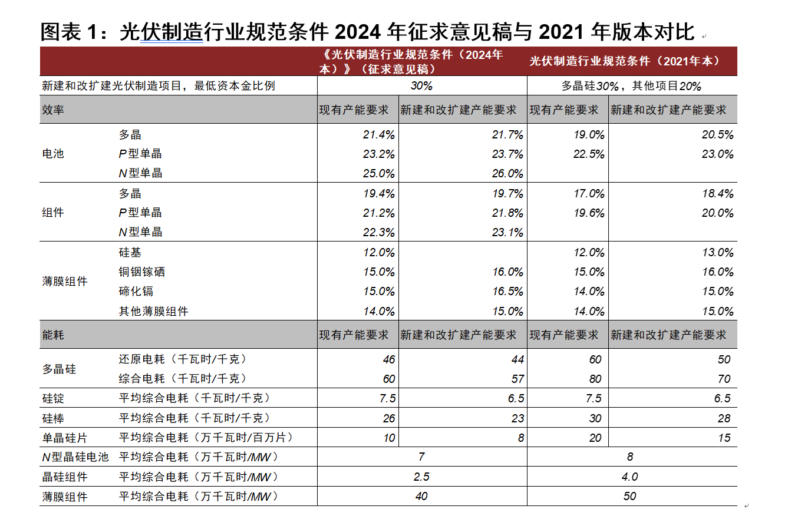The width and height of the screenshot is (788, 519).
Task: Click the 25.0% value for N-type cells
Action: [x=378, y=173]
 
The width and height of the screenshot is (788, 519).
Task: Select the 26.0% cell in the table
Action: [x=507, y=173]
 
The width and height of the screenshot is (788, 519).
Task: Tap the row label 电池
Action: [x=53, y=154]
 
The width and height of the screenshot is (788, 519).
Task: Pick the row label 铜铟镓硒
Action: [x=141, y=272]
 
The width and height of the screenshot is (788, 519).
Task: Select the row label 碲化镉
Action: [x=136, y=291]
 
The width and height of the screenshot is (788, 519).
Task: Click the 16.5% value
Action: [x=507, y=291]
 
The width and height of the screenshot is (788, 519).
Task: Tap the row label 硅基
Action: [x=130, y=252]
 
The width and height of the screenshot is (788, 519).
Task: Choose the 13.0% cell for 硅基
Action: [x=717, y=252]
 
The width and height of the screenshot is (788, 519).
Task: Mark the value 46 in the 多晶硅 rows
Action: [x=388, y=359]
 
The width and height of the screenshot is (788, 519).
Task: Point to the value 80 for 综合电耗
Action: [x=595, y=379]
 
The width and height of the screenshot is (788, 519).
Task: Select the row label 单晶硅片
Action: [x=64, y=438]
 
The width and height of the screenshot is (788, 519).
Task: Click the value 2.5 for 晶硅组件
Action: [x=421, y=477]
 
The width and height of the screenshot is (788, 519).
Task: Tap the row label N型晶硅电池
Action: [x=75, y=457]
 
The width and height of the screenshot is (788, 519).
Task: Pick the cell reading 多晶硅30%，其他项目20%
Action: [x=631, y=86]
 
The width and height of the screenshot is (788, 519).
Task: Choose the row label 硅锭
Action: [x=53, y=399]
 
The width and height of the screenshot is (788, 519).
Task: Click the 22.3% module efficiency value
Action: [x=378, y=232]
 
